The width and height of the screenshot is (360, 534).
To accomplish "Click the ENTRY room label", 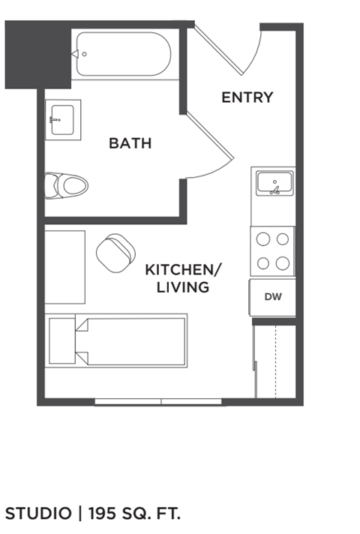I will (247, 97).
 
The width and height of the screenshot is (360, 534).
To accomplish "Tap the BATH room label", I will (130, 142).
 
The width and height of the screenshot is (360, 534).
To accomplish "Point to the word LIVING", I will (183, 287).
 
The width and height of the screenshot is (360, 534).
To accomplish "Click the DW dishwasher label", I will (273, 297).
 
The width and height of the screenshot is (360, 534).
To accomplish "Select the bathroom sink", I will (62, 119).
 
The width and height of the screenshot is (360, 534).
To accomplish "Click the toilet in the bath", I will (65, 185).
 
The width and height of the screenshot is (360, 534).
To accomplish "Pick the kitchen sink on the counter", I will (274, 183).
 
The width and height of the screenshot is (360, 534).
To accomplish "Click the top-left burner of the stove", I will (263, 239).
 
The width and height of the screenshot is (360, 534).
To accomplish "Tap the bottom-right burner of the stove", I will (283, 263).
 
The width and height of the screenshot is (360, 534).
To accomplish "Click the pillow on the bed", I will (62, 340).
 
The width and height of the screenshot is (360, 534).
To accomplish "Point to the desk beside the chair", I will (64, 266).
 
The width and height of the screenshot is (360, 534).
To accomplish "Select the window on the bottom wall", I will (159, 403).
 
